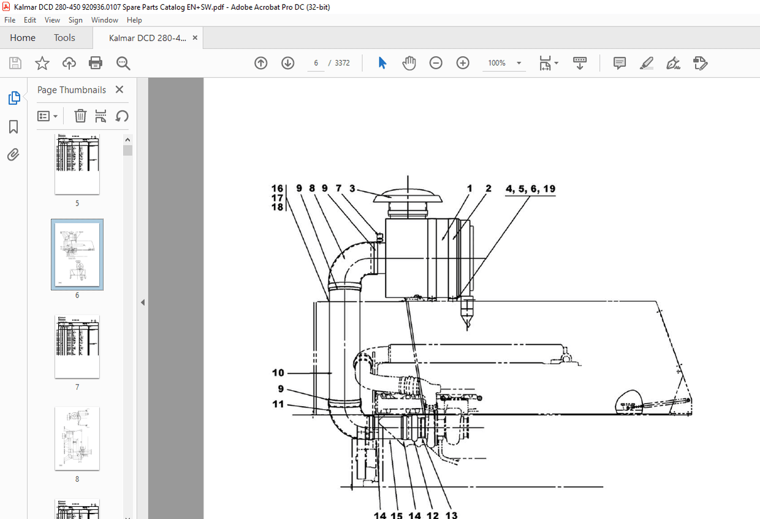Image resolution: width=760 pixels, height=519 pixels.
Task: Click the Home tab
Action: pos(23,38)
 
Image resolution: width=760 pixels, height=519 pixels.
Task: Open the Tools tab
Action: pos(64,38)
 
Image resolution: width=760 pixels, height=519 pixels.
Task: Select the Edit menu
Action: pos(30,20)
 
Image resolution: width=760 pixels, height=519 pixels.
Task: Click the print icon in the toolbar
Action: pos(96,63)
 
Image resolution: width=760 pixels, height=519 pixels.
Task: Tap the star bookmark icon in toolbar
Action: pos(42,63)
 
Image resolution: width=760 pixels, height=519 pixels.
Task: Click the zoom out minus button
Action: pos(436,63)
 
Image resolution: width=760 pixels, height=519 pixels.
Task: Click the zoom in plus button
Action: pos(463,63)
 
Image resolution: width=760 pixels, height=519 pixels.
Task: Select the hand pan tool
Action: pos(409,63)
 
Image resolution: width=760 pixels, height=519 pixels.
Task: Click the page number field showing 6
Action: pos(316,63)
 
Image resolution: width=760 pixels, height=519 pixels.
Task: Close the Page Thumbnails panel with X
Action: pos(120,90)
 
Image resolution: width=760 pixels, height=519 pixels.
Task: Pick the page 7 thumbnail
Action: pos(77,347)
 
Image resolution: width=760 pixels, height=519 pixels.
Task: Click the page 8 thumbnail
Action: pos(77,438)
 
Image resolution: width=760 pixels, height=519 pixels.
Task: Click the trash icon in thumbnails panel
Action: pos(80,116)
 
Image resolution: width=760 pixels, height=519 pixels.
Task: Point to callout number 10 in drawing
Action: pos(278,372)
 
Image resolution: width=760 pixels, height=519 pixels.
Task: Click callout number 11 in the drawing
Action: pos(278,404)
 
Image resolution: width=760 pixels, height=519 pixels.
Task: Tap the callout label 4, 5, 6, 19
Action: pos(530,189)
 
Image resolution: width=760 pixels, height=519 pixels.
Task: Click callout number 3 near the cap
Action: pos(352,189)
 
